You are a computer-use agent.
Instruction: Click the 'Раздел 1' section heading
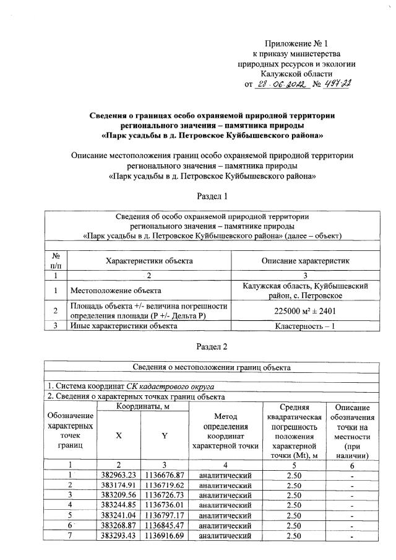[212, 196]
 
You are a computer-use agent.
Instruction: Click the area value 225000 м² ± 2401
[304, 310]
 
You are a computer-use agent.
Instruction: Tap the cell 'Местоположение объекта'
[116, 290]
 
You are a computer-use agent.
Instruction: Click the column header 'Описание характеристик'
[304, 261]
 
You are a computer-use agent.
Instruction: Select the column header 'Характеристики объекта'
[149, 261]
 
